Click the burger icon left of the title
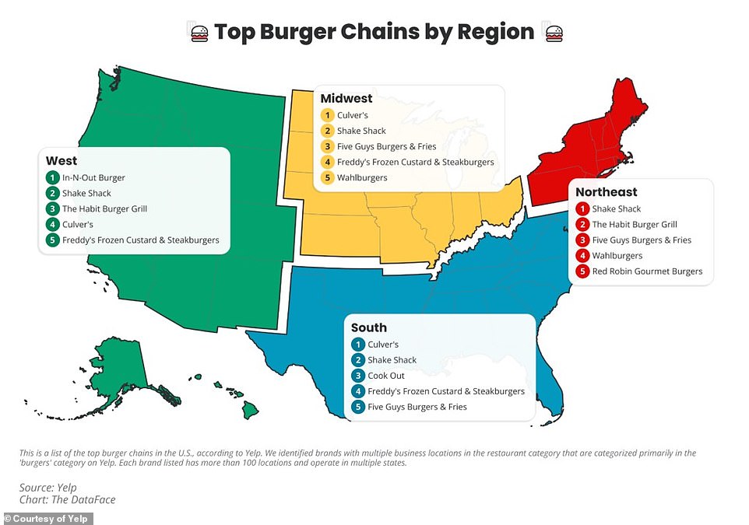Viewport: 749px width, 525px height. (x=199, y=33)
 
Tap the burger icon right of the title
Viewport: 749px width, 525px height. (x=554, y=33)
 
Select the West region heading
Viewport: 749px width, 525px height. (x=62, y=161)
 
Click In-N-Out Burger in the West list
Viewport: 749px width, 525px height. (x=93, y=178)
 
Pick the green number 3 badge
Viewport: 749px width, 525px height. (x=52, y=209)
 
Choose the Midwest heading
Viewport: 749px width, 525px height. (x=346, y=99)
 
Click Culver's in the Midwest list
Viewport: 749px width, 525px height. (x=353, y=115)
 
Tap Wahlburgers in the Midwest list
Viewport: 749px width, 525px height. (x=362, y=178)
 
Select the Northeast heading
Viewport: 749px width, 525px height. (x=607, y=192)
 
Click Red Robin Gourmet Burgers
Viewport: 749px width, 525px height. (x=648, y=271)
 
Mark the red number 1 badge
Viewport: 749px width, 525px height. (x=582, y=209)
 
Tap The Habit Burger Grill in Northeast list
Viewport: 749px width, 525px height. (x=635, y=225)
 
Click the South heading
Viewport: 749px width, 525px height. (x=368, y=328)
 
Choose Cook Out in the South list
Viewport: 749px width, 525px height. (x=386, y=376)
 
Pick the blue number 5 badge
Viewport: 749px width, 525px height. (x=357, y=407)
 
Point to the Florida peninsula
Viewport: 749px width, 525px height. (x=550, y=397)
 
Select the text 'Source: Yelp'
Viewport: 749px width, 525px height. (x=47, y=488)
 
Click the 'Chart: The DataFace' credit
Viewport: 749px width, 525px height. (x=67, y=500)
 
